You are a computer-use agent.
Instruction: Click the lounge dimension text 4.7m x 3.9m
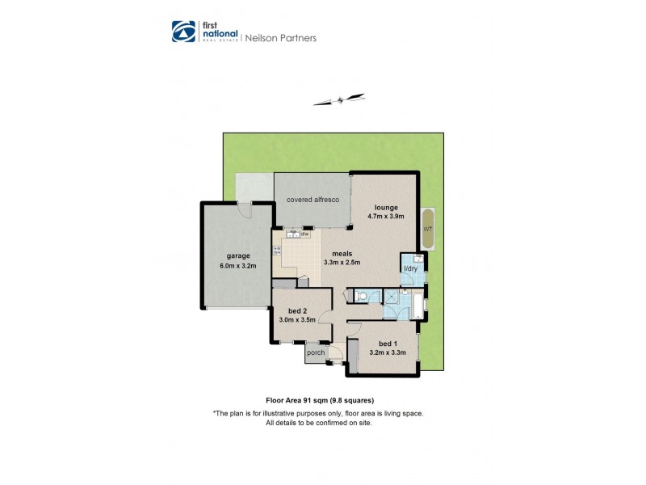coord(385,217)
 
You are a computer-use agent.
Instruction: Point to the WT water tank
coord(427,229)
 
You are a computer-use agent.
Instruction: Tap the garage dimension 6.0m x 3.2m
coord(237,265)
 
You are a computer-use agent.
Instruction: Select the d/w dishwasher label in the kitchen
coord(306,234)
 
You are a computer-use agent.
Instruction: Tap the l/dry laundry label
coord(410,268)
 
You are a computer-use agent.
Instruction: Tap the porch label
coord(316,352)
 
